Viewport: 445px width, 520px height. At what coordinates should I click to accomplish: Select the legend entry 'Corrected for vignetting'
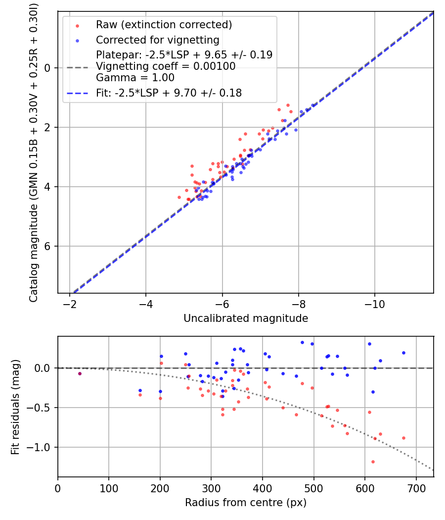point(157,40)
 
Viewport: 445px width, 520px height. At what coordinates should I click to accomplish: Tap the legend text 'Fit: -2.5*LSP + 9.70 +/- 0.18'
point(169,93)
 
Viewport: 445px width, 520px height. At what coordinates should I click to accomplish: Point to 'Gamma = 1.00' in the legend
point(135,77)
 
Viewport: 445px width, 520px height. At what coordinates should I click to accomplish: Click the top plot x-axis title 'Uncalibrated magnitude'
point(246,318)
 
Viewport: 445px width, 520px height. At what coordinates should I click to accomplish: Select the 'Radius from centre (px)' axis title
point(246,503)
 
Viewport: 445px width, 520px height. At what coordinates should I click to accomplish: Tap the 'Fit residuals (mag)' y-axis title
point(15,407)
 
